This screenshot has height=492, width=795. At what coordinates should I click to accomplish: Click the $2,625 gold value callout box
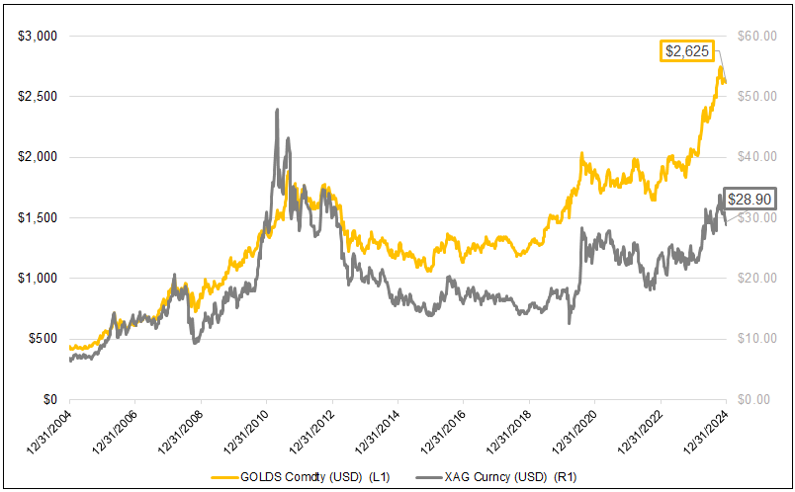[x=684, y=50]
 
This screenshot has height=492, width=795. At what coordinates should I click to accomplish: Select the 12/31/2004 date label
[x=47, y=435]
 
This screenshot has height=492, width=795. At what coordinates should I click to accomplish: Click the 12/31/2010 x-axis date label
[x=244, y=435]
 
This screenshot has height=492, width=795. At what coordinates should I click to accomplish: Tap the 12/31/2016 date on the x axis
[x=441, y=435]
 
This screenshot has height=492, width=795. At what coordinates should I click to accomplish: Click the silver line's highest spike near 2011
[x=277, y=110]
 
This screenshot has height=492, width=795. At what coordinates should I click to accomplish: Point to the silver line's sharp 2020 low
[x=569, y=323]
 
